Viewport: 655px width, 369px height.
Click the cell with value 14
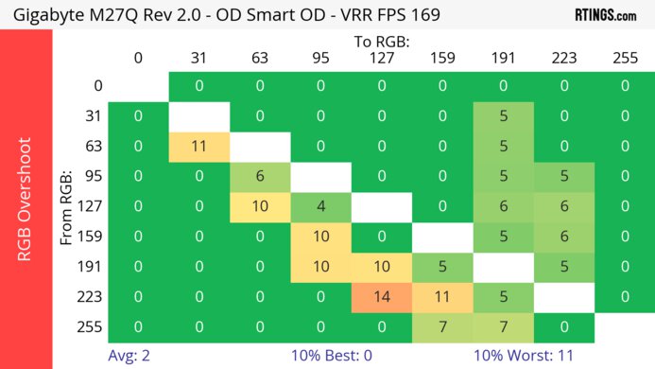[x=382, y=296]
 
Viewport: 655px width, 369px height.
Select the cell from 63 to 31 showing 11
[x=198, y=147]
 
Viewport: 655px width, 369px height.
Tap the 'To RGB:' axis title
[x=381, y=42]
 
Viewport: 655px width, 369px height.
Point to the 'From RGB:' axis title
[x=67, y=207]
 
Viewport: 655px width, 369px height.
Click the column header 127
[x=382, y=58]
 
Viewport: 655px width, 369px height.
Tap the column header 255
[x=625, y=58]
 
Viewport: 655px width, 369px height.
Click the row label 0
[x=96, y=86]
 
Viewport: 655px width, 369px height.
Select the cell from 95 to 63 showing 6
[x=260, y=177]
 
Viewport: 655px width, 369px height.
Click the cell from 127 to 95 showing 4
[x=320, y=207]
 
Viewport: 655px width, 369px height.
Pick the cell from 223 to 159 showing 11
[x=442, y=296]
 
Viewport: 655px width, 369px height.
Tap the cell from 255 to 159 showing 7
[x=442, y=326]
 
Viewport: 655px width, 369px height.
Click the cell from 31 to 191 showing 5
[x=503, y=116]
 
